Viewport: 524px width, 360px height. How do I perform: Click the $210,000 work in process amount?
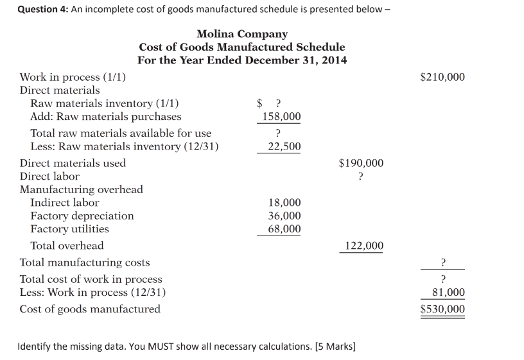pos(442,78)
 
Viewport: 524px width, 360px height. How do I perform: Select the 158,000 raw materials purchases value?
pos(279,117)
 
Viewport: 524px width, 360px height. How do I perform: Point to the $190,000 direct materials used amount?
pos(361,163)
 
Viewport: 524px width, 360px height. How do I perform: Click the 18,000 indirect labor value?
pos(284,203)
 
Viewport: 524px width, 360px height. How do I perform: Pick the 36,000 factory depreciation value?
pos(284,216)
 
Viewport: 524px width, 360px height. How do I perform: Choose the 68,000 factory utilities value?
pos(284,229)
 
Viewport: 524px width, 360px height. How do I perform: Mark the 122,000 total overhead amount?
pos(364,246)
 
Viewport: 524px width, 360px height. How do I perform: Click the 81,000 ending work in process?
pos(448,293)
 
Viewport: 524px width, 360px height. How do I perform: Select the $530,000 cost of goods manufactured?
pos(442,309)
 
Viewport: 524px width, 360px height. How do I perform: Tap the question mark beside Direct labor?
pos(361,176)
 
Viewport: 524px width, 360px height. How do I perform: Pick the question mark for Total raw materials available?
pos(277,133)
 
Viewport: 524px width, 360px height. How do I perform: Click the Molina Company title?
pos(242,33)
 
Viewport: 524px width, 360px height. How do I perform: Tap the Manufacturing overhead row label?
pos(82,189)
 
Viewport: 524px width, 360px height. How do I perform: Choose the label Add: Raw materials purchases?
pos(106,117)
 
